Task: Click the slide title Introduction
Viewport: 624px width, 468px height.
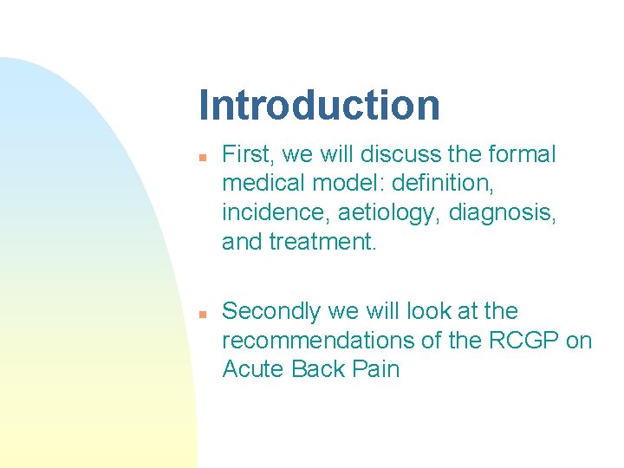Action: (x=319, y=105)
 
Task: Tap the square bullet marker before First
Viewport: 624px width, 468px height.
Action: (x=201, y=159)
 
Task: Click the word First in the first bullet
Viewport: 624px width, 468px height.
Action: (x=245, y=155)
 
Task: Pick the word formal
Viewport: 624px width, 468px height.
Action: (x=521, y=155)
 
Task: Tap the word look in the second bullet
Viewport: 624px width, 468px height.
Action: (x=418, y=311)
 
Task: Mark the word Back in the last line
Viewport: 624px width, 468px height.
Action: (x=318, y=369)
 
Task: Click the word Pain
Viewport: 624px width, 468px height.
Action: (x=376, y=369)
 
